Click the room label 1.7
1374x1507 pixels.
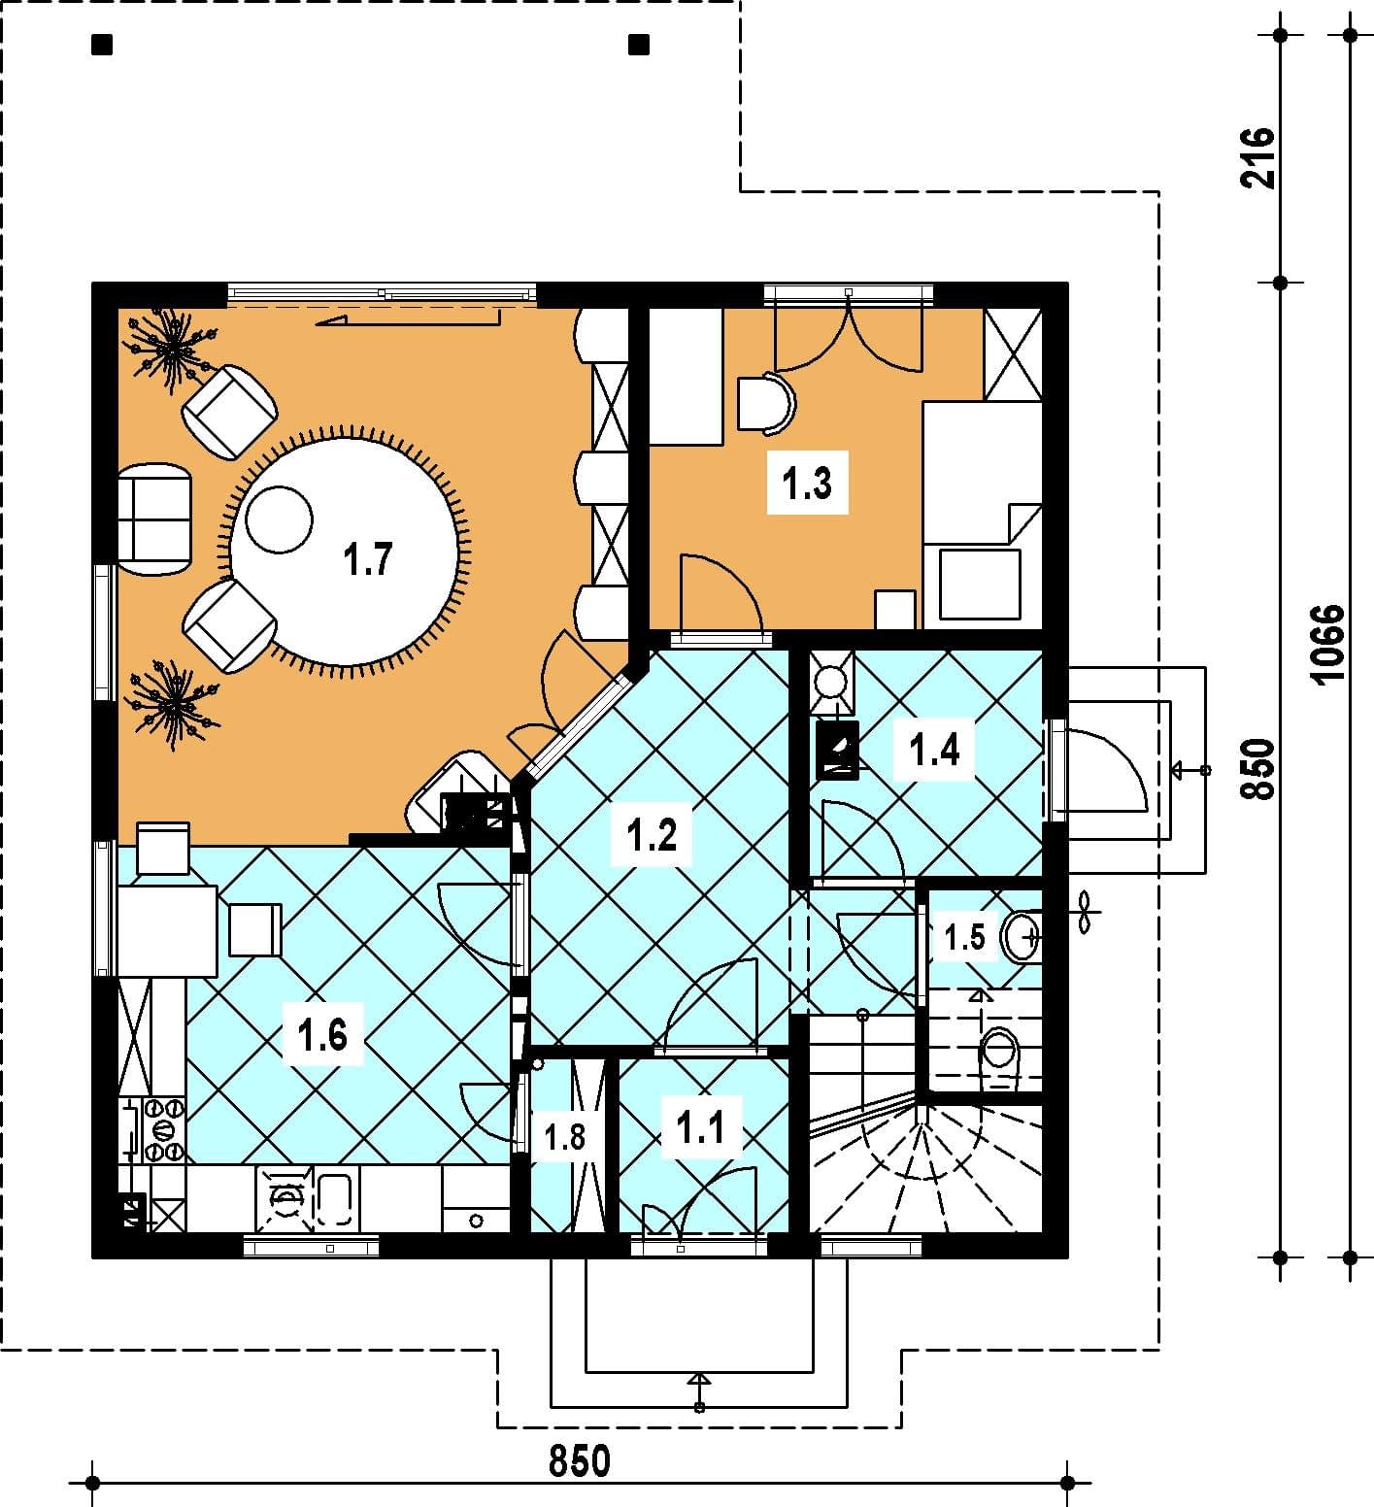(368, 560)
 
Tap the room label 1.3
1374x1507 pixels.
(808, 482)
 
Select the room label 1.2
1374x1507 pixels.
(652, 834)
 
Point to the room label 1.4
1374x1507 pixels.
(934, 749)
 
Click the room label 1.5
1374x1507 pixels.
(965, 937)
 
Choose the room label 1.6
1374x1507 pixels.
(322, 1035)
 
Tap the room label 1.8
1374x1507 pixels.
(564, 1136)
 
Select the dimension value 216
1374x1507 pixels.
(1257, 157)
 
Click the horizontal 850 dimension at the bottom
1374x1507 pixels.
(580, 1460)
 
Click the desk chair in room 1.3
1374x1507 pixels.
(766, 403)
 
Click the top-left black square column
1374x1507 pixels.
(102, 44)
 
